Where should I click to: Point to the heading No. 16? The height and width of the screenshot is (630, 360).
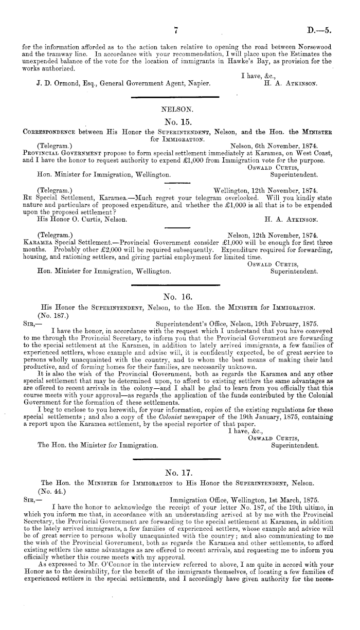(x=176, y=296)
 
